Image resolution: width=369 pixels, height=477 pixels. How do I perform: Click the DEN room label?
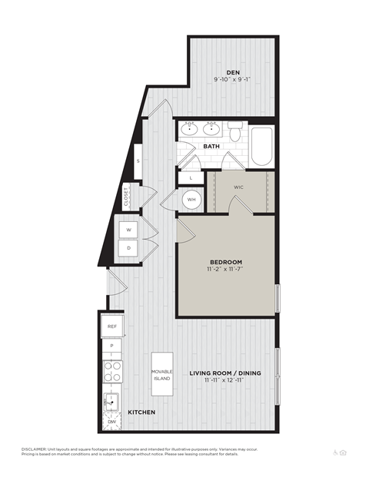(x=233, y=72)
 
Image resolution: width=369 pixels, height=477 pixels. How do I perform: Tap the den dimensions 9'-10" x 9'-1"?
(x=233, y=79)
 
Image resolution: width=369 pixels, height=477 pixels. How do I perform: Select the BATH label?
(x=212, y=147)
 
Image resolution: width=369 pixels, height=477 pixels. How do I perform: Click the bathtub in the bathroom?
(x=261, y=146)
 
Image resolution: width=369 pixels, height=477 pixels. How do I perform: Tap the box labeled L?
(x=191, y=178)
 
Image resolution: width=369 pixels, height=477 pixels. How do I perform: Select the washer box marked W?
(x=128, y=230)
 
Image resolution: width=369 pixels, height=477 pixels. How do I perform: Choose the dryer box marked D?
(x=128, y=249)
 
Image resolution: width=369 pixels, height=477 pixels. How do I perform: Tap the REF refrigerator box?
(x=112, y=326)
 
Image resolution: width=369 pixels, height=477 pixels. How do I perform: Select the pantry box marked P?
(x=112, y=346)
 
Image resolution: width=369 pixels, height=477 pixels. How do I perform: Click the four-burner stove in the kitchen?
(x=112, y=372)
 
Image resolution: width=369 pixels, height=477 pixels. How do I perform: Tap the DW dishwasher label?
(x=112, y=422)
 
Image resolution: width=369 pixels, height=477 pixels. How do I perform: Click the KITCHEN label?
(x=141, y=412)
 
